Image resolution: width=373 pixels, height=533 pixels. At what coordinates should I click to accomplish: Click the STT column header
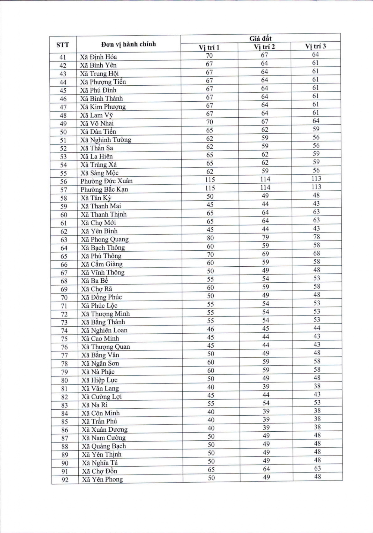(63, 45)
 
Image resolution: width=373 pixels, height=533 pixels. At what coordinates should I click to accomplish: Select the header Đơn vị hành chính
(128, 44)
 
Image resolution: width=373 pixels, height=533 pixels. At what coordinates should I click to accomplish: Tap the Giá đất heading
(260, 39)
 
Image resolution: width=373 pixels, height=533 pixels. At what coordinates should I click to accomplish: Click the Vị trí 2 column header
(264, 47)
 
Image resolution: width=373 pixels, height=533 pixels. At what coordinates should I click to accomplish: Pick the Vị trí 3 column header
(315, 46)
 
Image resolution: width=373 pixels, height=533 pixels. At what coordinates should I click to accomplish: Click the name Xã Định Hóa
(98, 57)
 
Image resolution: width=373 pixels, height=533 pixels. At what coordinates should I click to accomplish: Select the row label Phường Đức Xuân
(106, 181)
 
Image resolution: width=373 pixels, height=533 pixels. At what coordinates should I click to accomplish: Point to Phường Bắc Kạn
(104, 189)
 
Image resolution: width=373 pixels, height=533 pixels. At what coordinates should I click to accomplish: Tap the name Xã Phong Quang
(105, 240)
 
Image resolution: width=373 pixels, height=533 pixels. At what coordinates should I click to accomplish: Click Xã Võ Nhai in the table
(97, 123)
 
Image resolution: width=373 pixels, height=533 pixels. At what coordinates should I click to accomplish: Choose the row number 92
(65, 480)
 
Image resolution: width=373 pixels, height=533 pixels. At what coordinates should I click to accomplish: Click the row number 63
(64, 240)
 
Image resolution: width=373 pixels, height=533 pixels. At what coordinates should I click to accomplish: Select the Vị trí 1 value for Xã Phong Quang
(210, 238)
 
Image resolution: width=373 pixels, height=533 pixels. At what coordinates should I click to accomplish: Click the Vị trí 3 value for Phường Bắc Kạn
(316, 187)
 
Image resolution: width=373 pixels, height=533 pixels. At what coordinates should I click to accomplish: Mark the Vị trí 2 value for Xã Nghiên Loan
(266, 328)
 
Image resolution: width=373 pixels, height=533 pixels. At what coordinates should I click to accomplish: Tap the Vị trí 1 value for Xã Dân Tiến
(210, 130)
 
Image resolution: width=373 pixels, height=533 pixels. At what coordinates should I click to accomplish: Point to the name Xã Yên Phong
(102, 479)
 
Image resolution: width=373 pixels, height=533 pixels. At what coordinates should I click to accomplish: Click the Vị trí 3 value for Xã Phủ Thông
(316, 253)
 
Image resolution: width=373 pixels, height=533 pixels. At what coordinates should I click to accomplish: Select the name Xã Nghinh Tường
(105, 140)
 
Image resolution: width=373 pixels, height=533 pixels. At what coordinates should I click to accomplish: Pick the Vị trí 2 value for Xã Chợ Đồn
(266, 469)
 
